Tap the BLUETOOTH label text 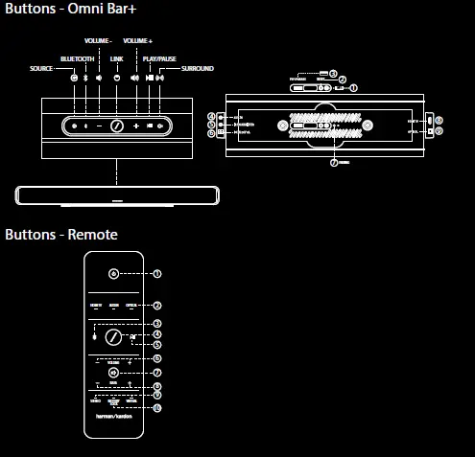77,58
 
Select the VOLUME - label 98,41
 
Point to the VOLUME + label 137,41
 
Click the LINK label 116,58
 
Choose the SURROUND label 197,69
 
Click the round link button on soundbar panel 116,126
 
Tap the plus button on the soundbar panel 136,126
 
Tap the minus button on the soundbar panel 98,126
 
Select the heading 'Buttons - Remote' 61,235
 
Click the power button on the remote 113,273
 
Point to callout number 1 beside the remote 157,273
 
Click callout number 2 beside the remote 157,306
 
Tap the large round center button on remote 113,338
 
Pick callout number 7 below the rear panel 334,163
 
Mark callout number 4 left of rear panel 210,116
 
